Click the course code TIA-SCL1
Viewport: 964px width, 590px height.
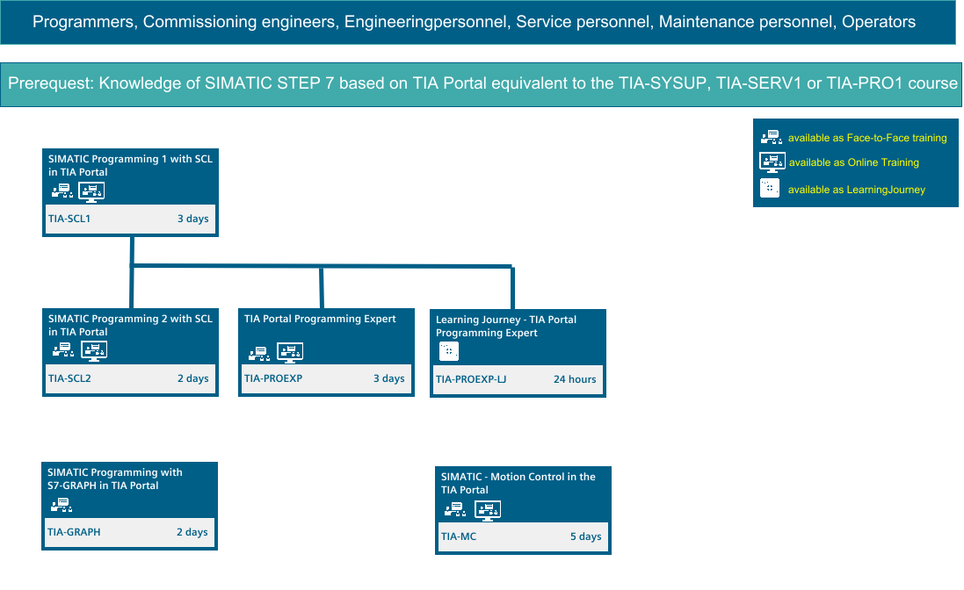point(69,219)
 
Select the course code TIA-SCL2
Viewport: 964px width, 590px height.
point(69,378)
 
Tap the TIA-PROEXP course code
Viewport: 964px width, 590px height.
point(273,378)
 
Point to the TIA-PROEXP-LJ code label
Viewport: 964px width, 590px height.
point(471,379)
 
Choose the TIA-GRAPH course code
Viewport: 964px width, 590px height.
point(74,532)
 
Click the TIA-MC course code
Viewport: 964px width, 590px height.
point(459,536)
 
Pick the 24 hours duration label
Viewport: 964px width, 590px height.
point(575,379)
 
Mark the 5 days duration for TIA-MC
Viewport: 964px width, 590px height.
point(586,536)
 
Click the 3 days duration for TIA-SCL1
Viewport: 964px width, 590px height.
point(193,219)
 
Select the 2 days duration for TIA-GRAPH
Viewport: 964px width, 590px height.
point(192,532)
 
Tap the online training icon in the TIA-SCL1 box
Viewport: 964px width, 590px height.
point(91,192)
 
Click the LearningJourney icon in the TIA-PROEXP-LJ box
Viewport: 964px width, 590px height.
point(449,351)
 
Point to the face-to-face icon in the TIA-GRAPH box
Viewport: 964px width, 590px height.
point(62,506)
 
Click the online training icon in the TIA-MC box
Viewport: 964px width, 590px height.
point(488,511)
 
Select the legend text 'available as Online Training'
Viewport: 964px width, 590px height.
point(854,162)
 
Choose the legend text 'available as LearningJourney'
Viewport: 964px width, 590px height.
point(857,190)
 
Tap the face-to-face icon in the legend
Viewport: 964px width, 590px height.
point(772,137)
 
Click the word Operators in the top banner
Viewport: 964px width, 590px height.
point(879,22)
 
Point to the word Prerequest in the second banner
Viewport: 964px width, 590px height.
point(51,83)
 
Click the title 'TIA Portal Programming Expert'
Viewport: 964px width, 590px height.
point(320,319)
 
